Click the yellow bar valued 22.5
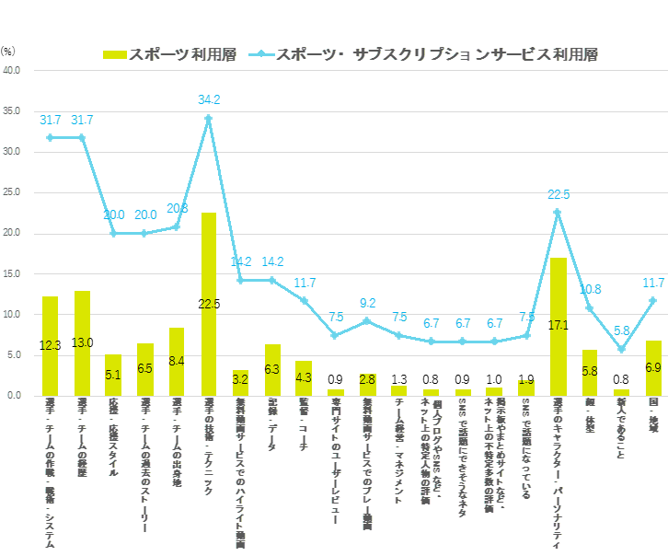pos(209,304)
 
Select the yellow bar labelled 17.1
pos(559,327)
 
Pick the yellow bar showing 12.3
pos(51,345)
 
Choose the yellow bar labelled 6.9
pos(654,367)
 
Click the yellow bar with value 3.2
pos(241,382)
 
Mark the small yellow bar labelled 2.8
pos(368,384)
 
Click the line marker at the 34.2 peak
pos(209,118)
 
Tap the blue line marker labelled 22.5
pos(558,213)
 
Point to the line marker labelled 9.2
pos(368,321)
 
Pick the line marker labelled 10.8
pos(590,308)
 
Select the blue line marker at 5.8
pos(622,349)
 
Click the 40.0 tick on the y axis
pos(13,70)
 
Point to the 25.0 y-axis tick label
pos(13,192)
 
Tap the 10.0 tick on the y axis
pos(13,314)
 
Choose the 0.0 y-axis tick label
pos(15,396)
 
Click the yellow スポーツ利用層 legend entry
pos(170,54)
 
